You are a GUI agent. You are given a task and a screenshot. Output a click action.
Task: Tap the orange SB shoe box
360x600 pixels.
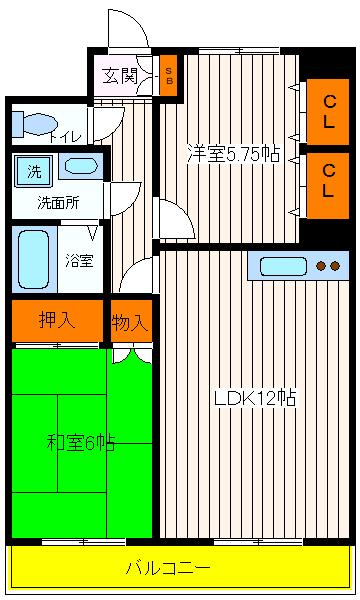tap(169, 76)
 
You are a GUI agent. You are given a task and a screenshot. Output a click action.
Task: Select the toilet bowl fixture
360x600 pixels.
tap(37, 124)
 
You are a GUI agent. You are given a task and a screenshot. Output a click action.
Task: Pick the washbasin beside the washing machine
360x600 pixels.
tap(85, 167)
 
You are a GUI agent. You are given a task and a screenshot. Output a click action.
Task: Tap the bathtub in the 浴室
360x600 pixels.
tap(33, 258)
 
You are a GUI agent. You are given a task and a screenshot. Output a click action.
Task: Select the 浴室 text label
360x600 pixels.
tap(80, 261)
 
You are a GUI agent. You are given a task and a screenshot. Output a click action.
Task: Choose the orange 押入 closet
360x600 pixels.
tap(58, 321)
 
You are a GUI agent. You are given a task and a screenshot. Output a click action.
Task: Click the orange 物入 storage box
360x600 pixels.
tap(131, 321)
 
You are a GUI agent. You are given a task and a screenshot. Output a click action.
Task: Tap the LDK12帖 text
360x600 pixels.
tap(254, 397)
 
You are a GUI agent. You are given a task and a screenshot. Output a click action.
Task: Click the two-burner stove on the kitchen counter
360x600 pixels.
tap(326, 266)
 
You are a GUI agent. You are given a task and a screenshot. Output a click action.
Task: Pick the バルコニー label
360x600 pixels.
tap(168, 568)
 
